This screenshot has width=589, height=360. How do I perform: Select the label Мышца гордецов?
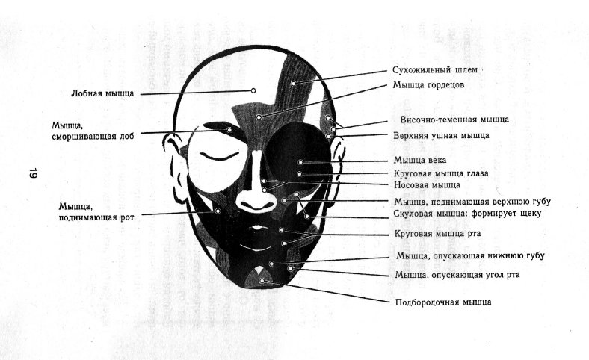[429, 85]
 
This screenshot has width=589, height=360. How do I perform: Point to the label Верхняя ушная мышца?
[441, 136]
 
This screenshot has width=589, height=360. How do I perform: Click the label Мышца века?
[421, 160]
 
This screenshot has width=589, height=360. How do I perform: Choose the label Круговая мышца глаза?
[440, 173]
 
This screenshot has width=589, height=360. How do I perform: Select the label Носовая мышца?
[426, 185]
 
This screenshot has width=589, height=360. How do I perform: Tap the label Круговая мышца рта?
[437, 234]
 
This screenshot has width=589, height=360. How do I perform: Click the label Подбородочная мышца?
[443, 302]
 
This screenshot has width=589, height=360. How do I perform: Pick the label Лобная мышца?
[102, 94]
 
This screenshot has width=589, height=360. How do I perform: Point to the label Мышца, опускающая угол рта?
[457, 275]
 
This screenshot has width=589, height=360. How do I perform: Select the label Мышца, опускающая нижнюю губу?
[469, 256]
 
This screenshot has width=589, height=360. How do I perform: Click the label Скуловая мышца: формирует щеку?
[466, 214]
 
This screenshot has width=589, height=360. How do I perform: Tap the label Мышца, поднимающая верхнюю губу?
[476, 202]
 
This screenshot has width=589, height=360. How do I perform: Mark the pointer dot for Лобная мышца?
[253, 90]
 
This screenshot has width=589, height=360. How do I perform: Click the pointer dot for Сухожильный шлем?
[294, 82]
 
